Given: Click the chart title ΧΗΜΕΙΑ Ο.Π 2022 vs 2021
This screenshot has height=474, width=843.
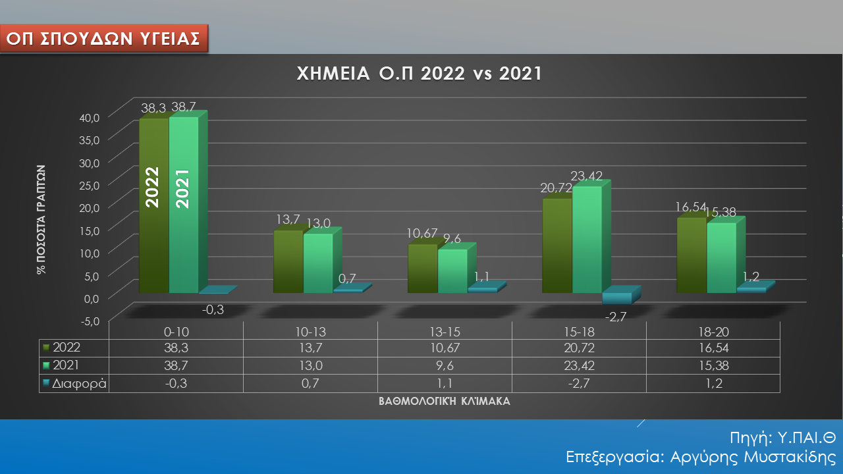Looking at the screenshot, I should pyautogui.click(x=420, y=74).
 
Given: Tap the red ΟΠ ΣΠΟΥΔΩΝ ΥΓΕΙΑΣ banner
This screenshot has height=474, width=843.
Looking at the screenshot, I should pyautogui.click(x=103, y=38).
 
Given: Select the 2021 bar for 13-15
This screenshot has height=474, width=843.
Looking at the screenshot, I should pyautogui.click(x=452, y=271).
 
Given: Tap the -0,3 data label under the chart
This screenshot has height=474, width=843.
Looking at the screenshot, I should pyautogui.click(x=212, y=309).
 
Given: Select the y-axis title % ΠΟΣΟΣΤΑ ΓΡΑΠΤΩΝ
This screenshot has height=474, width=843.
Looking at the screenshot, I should pyautogui.click(x=41, y=219).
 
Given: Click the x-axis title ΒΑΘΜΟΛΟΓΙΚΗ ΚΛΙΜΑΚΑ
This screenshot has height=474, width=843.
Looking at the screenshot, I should pyautogui.click(x=445, y=401).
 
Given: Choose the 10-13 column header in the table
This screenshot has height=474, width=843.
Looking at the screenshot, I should pyautogui.click(x=310, y=332).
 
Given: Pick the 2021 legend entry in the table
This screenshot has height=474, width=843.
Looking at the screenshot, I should pyautogui.click(x=65, y=365).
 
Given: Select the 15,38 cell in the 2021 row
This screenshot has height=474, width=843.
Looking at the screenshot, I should pyautogui.click(x=713, y=365).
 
